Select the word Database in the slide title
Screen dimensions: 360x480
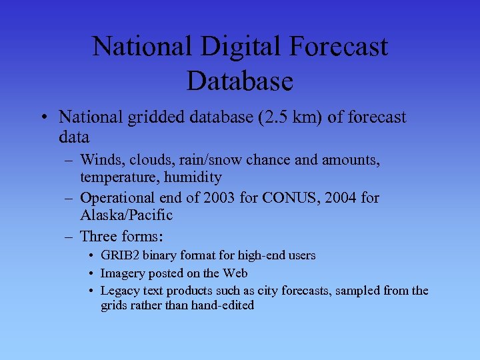[x=239, y=81]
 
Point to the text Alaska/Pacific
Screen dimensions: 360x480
[x=126, y=215]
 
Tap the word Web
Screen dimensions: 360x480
[x=235, y=273]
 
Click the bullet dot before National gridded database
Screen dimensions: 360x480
[x=43, y=119]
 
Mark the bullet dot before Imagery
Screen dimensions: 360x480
[x=90, y=273]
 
